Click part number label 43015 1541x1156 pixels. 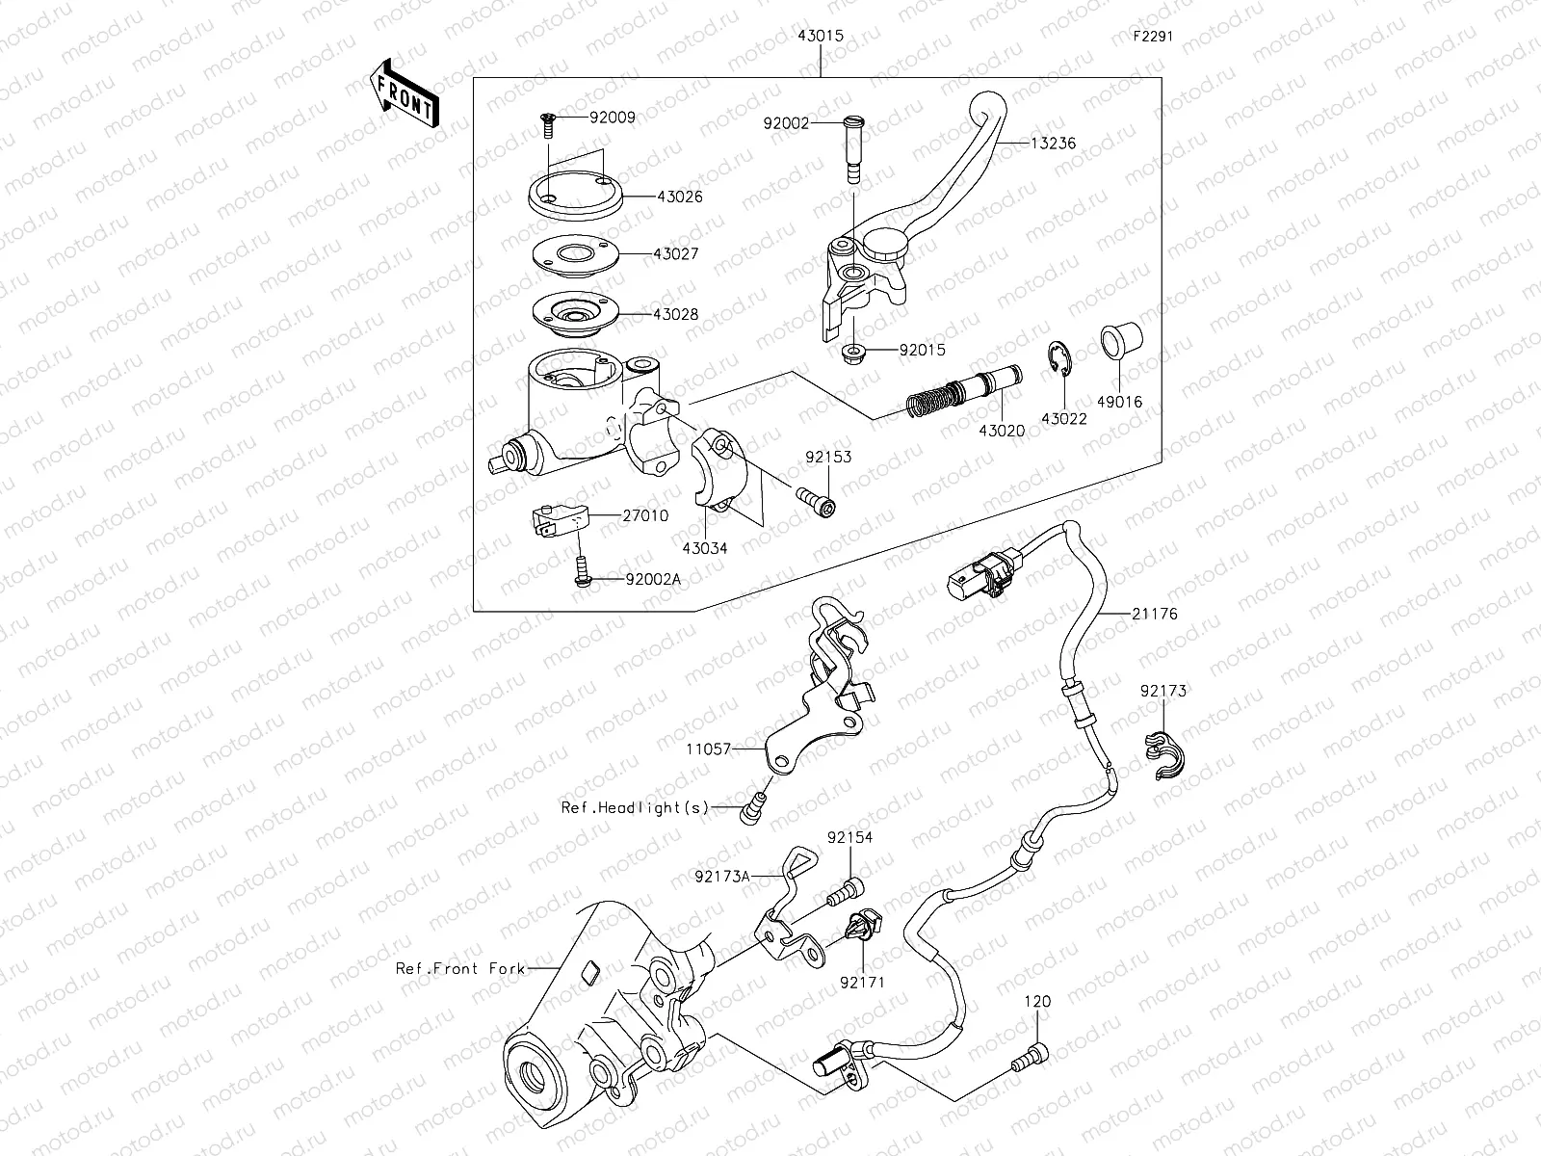click(x=820, y=36)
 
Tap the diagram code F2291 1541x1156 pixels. click(x=1154, y=38)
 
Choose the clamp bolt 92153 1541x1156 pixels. click(x=816, y=501)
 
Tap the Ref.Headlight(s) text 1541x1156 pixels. click(x=635, y=807)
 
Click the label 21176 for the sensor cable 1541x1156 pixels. click(x=1154, y=613)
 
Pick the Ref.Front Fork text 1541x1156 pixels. click(x=460, y=967)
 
